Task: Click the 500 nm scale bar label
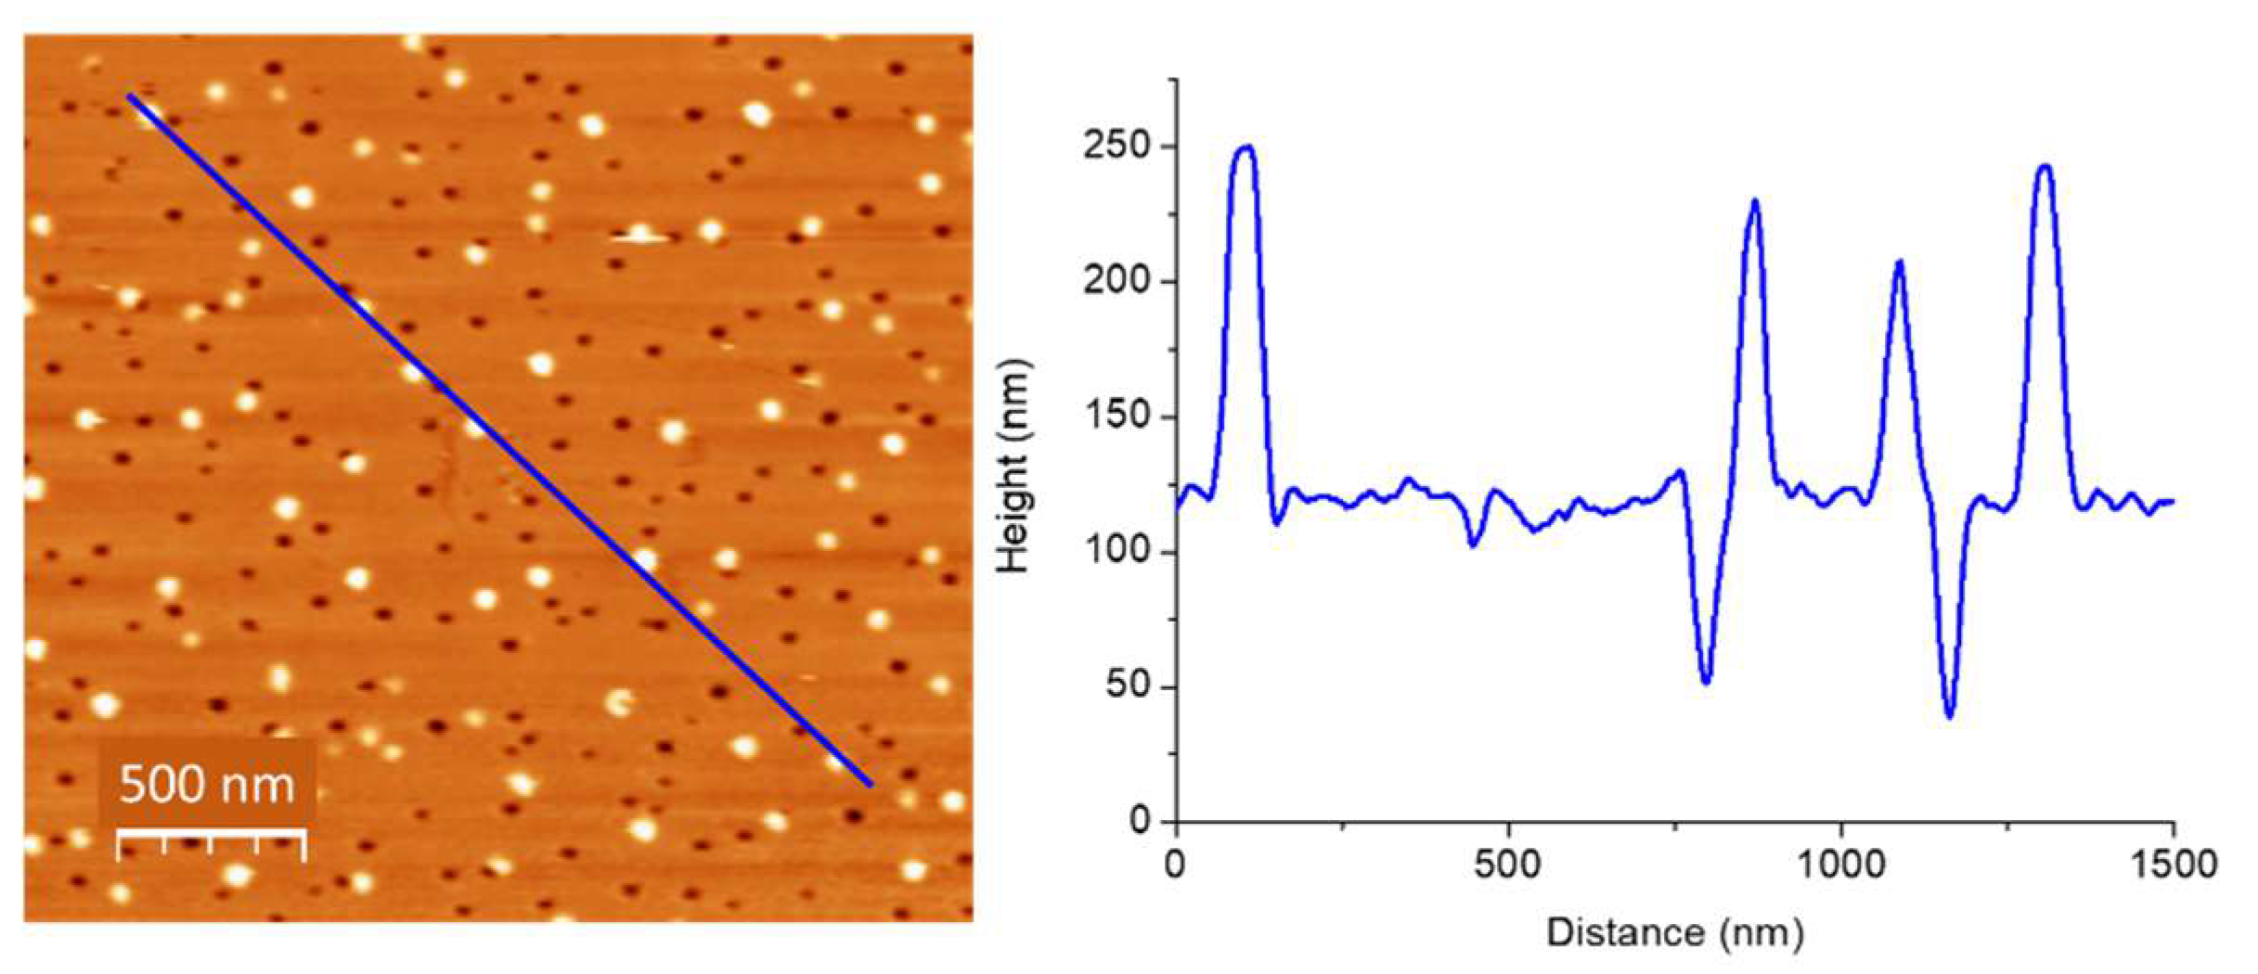(x=206, y=784)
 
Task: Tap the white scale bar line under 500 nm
(x=211, y=835)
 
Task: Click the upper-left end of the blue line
(x=131, y=96)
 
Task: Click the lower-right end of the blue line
(x=870, y=785)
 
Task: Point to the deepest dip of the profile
(x=1949, y=715)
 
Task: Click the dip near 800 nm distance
(x=1706, y=682)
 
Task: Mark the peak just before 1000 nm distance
(x=1755, y=201)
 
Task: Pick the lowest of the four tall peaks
(x=1900, y=263)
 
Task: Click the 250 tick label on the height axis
(x=1116, y=147)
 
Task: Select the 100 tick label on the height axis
(x=1116, y=552)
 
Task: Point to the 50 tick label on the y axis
(x=1127, y=686)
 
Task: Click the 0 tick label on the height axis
(x=1140, y=821)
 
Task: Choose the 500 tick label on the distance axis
(x=1508, y=865)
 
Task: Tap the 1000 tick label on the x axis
(x=1841, y=865)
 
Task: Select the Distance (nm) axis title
(x=1675, y=932)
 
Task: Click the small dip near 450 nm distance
(x=1474, y=545)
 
